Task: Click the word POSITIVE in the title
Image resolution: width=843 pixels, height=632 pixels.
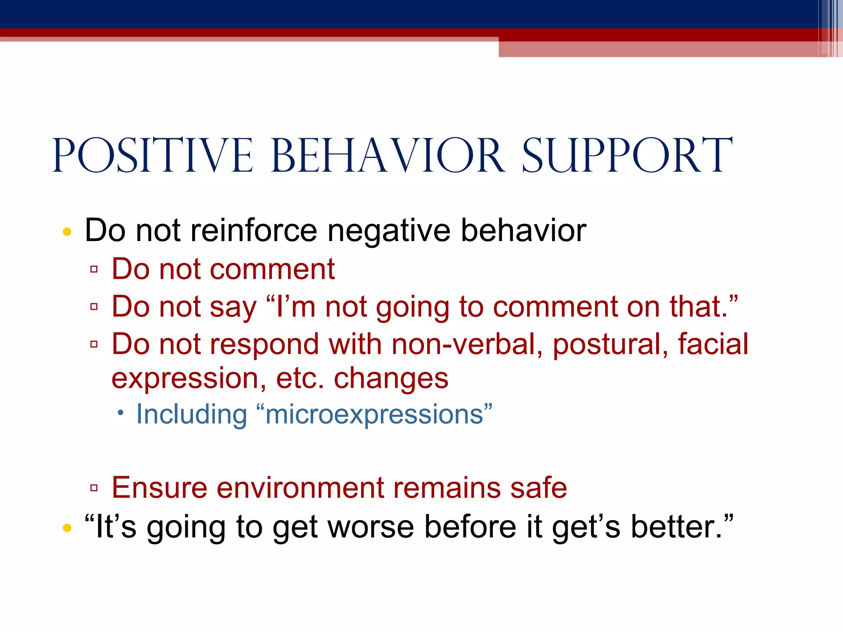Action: [152, 156]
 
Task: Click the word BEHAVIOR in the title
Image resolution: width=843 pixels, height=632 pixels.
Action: [388, 156]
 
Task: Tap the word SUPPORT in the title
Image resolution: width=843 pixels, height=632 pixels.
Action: [627, 156]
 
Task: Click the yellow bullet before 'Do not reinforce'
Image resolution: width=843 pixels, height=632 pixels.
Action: [67, 232]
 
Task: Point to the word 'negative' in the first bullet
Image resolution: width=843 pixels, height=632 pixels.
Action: [389, 230]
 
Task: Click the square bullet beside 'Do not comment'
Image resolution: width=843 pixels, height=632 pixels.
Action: [94, 270]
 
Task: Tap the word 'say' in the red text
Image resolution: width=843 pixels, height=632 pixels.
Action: [233, 307]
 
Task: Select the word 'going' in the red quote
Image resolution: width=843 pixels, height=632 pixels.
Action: [412, 307]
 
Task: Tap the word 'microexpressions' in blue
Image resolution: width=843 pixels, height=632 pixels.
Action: [374, 414]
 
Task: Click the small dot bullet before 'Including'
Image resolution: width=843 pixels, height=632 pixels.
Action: [120, 413]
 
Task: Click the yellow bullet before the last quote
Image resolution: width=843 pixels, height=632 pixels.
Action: [67, 527]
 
